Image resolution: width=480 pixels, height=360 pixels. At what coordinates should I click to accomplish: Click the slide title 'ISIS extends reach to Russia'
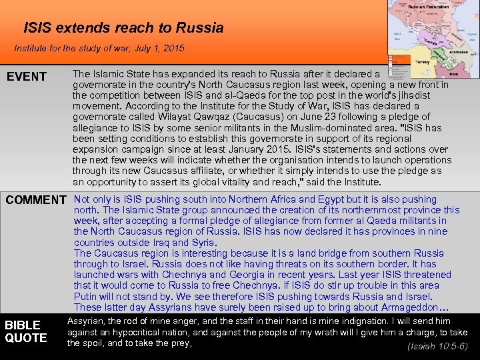coord(123,28)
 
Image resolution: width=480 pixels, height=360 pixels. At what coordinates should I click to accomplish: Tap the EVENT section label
coord(27,77)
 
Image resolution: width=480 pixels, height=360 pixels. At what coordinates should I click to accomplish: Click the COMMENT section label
coord(36,200)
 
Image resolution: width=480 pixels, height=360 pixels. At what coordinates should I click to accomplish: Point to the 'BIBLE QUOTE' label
coord(26,331)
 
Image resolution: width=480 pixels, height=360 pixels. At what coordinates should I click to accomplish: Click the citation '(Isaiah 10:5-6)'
coord(437,347)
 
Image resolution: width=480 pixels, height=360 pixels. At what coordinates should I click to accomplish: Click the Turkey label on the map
coord(423,61)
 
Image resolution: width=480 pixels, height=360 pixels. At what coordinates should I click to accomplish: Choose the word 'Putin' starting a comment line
coord(85,296)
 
